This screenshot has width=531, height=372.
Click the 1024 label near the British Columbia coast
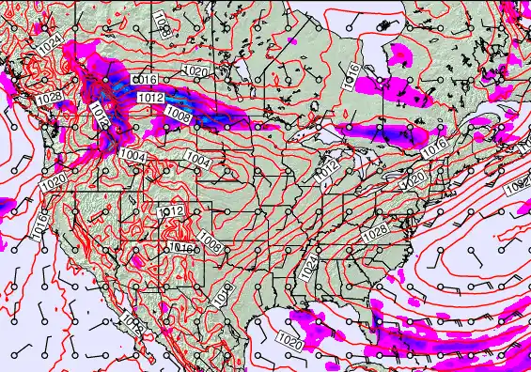(x=49, y=41)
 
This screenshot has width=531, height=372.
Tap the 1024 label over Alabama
(x=311, y=269)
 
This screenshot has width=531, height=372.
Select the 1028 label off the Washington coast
(x=51, y=99)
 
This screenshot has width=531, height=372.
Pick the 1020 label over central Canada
(x=195, y=71)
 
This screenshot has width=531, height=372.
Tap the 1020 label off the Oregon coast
(x=53, y=181)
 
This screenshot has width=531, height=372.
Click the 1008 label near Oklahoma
(x=211, y=246)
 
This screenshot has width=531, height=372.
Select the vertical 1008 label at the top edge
(x=161, y=21)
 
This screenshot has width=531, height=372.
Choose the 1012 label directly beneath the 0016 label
(x=150, y=98)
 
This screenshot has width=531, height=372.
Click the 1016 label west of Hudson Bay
(x=351, y=76)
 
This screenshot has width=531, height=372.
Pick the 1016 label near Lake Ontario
(x=433, y=147)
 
